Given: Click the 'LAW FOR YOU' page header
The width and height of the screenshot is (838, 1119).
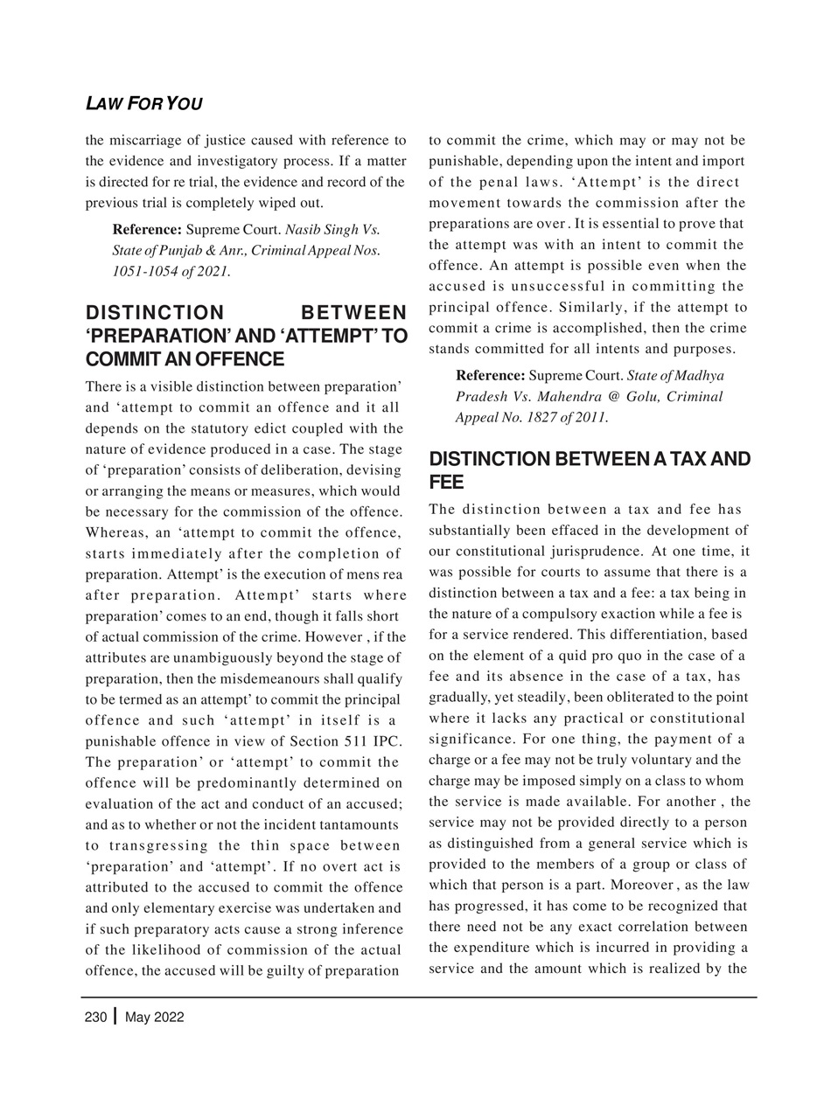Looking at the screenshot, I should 143,104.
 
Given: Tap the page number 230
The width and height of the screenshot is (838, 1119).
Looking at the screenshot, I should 95,1018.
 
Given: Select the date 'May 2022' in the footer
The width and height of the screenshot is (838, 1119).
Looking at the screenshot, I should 155,1018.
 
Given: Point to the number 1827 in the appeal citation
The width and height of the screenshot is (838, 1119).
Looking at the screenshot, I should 550,417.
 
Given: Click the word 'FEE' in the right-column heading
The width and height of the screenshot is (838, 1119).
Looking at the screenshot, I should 446,483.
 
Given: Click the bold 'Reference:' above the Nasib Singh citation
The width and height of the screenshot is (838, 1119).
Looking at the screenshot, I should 147,231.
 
